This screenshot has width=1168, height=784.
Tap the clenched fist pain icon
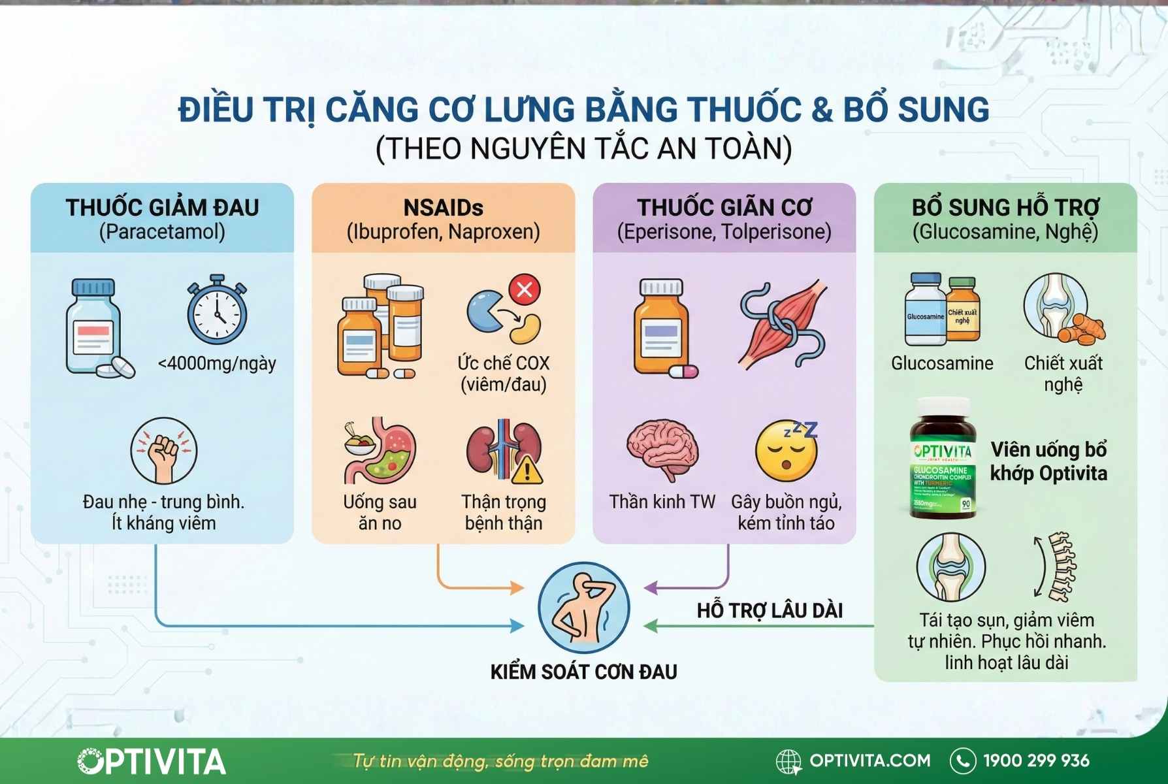tap(163, 450)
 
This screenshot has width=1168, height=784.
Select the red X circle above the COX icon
tap(525, 289)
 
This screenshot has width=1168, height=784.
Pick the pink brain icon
tap(662, 450)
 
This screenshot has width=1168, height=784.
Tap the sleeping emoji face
tap(787, 451)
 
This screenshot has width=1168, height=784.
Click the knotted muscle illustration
tap(783, 324)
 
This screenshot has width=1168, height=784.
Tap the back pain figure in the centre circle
tap(583, 608)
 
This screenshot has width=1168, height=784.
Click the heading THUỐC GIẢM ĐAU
tap(162, 208)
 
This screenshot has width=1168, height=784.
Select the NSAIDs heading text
tap(443, 208)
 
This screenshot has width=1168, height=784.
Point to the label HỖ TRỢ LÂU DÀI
tap(769, 611)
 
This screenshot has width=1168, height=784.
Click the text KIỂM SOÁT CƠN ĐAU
tap(583, 672)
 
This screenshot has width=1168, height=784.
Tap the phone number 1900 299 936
tap(1036, 760)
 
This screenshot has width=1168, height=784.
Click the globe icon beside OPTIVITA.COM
tap(788, 761)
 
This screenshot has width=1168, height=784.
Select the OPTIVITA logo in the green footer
tap(152, 761)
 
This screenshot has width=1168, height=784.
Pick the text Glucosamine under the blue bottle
tap(941, 363)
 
